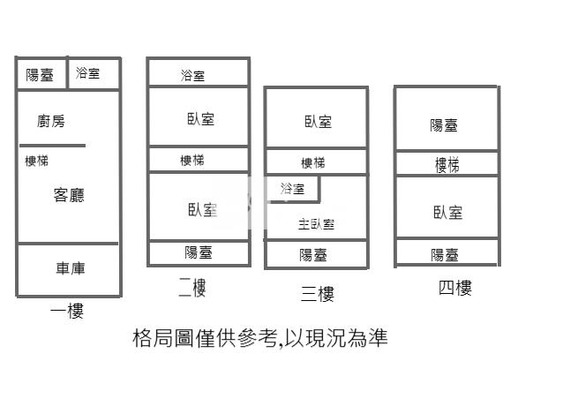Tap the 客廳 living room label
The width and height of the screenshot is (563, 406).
(x=69, y=195)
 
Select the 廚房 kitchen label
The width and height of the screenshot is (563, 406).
(x=51, y=122)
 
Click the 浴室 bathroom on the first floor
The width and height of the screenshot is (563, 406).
(x=88, y=73)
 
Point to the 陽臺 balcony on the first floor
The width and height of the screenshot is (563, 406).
(x=40, y=75)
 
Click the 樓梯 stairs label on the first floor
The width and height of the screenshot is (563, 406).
(x=37, y=161)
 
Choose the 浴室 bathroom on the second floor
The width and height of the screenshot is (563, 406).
(x=192, y=76)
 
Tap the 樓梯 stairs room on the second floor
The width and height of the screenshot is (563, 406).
(x=192, y=160)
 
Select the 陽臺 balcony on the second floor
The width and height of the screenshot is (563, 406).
(x=198, y=252)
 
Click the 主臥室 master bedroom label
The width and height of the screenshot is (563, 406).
(x=316, y=224)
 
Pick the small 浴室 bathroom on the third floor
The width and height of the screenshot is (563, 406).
(x=292, y=189)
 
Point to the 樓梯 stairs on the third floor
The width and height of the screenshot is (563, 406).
(x=313, y=162)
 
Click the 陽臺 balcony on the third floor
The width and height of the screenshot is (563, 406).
(x=313, y=255)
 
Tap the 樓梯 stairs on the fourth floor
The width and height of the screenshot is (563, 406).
(x=447, y=164)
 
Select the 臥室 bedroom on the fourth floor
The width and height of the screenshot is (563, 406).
(x=447, y=212)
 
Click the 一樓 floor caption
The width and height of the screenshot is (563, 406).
(x=67, y=310)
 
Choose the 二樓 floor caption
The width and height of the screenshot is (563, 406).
(x=191, y=287)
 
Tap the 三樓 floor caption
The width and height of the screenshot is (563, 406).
(x=317, y=293)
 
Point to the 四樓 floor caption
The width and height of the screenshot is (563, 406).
(x=454, y=287)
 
